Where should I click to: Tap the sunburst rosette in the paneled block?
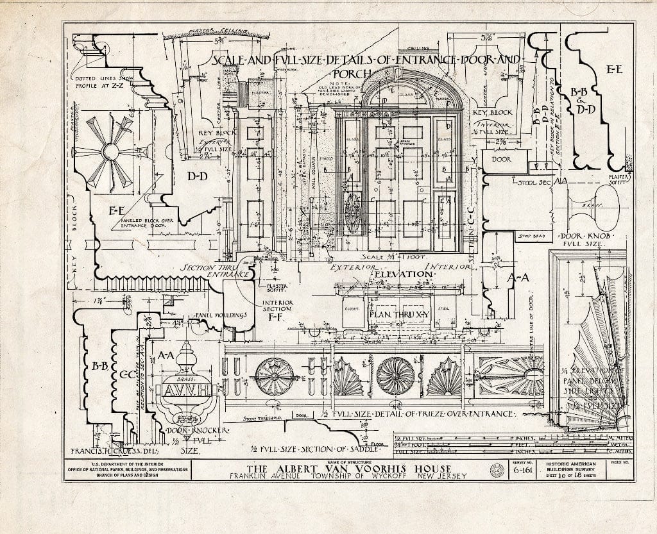coord(109,152)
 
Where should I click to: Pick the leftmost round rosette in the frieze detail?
coord(274,376)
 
